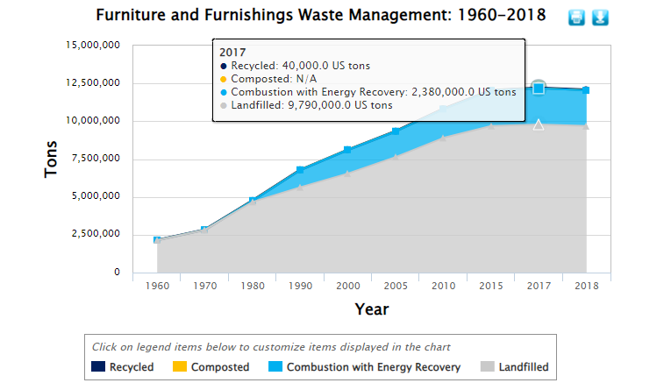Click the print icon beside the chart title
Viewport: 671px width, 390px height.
point(576,18)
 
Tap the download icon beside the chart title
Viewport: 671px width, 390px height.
point(600,18)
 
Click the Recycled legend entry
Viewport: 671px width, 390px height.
point(123,367)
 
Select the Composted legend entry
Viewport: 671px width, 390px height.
point(211,367)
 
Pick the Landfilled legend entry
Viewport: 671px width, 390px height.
point(514,367)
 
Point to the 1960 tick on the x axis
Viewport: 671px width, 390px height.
point(157,287)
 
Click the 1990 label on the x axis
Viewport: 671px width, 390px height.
point(300,287)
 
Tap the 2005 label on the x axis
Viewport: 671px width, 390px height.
point(396,287)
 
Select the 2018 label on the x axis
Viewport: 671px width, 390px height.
point(586,287)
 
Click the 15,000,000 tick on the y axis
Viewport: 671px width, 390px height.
point(92,46)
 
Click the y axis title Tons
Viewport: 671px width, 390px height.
point(52,159)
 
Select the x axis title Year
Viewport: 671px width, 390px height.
point(371,309)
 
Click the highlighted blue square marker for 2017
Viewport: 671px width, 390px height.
point(539,88)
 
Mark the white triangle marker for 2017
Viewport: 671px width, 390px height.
point(539,124)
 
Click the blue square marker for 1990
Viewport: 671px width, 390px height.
point(300,170)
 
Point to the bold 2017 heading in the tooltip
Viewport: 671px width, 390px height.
point(232,52)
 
